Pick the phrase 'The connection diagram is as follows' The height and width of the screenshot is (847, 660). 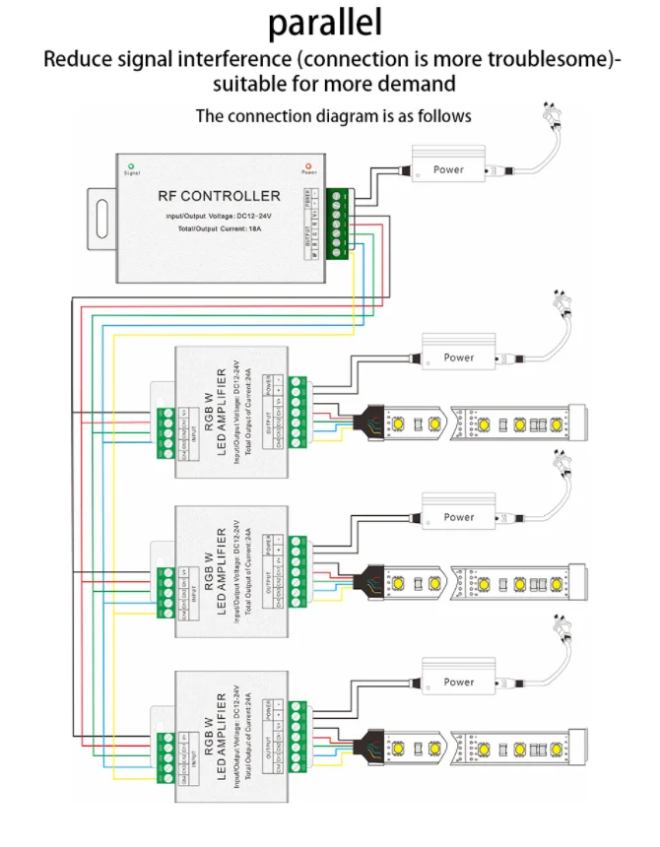[x=333, y=116]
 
